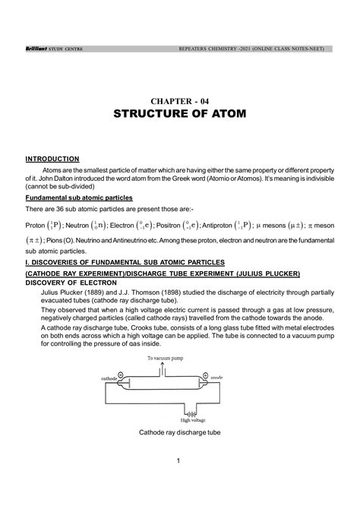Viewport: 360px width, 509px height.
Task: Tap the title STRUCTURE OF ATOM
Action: (x=180, y=115)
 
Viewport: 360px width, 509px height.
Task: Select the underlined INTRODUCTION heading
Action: (x=52, y=159)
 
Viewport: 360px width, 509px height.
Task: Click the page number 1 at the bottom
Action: (x=177, y=461)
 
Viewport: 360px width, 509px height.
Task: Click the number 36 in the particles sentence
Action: (x=74, y=210)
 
